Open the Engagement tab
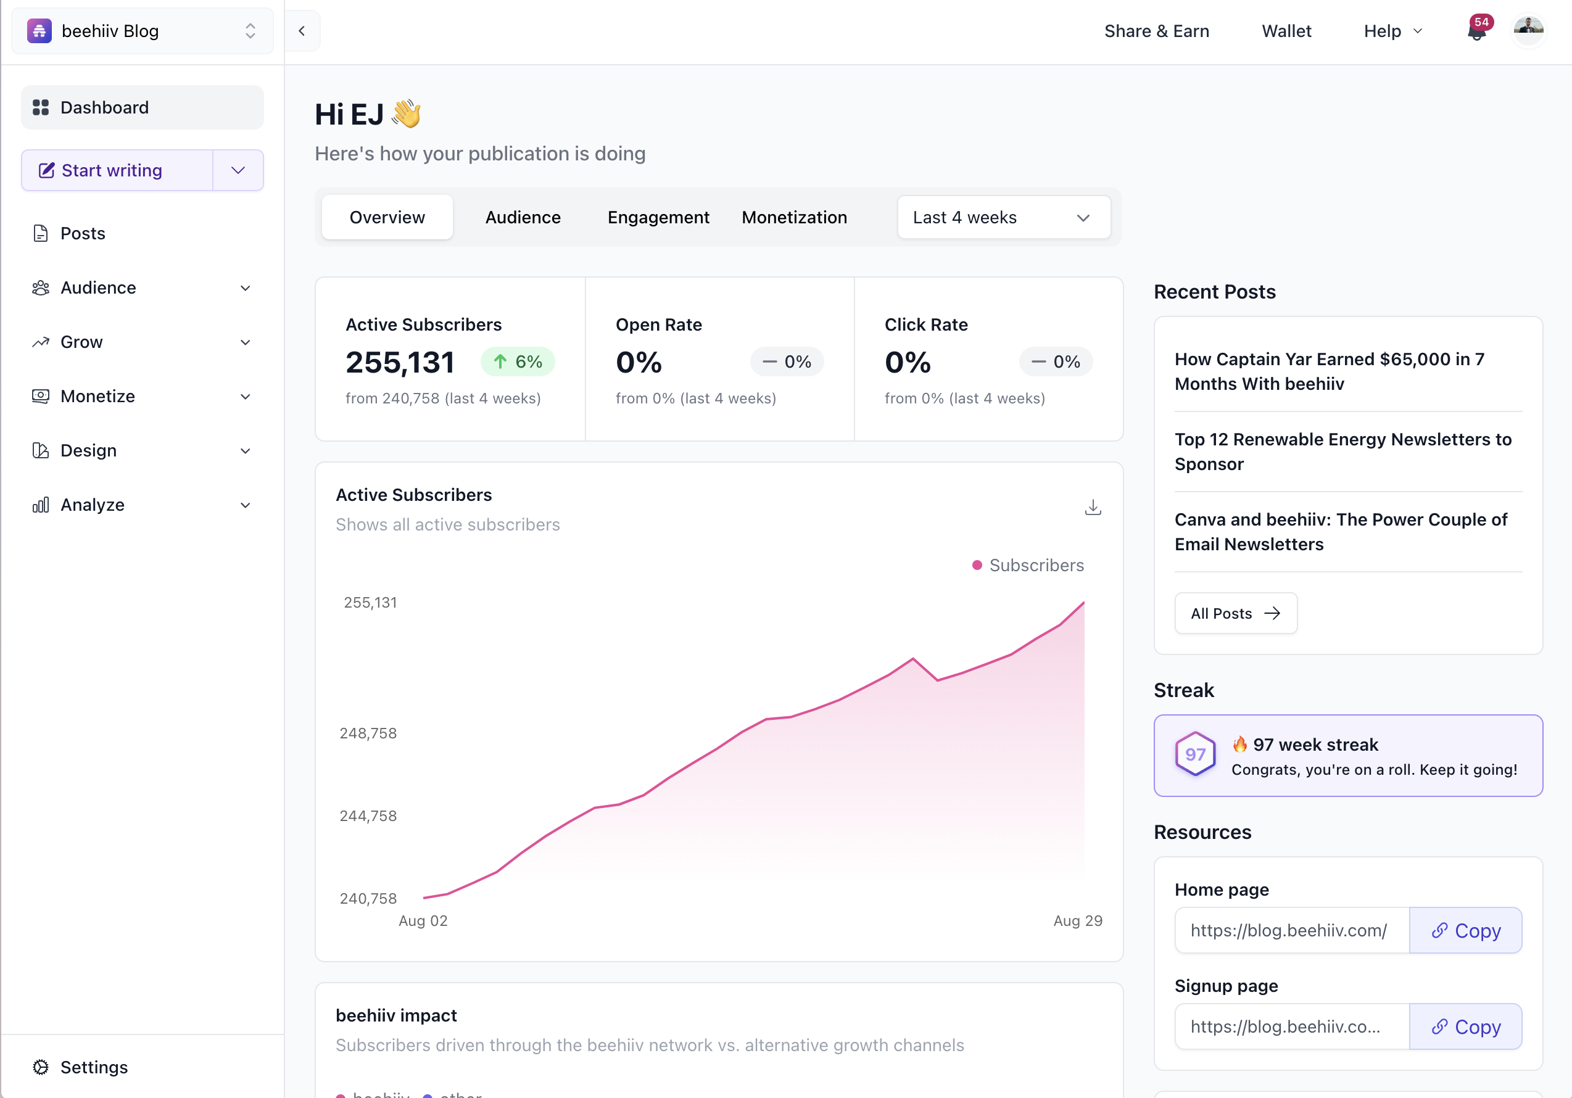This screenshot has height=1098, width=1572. (x=658, y=217)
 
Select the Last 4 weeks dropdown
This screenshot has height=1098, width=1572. (x=1003, y=218)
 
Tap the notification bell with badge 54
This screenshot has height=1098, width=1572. (x=1477, y=31)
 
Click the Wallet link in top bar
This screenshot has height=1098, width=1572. (x=1286, y=31)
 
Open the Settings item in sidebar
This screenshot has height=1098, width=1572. (x=94, y=1067)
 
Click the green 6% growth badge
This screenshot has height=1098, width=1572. (x=518, y=361)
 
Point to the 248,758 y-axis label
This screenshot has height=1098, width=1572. (x=368, y=733)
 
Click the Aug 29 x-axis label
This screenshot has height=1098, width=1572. (x=1077, y=921)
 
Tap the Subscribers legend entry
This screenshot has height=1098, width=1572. (x=1028, y=566)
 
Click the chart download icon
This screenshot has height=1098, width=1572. (x=1093, y=507)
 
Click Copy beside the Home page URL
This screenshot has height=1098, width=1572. (x=1465, y=930)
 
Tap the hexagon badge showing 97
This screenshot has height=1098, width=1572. (x=1195, y=754)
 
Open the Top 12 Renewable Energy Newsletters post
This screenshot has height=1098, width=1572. (x=1342, y=451)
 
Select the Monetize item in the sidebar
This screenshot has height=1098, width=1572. (x=98, y=397)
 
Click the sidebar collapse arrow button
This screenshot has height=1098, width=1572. (x=302, y=31)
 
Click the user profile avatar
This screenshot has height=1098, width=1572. (x=1528, y=30)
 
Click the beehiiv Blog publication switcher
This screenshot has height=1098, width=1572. (x=142, y=31)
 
